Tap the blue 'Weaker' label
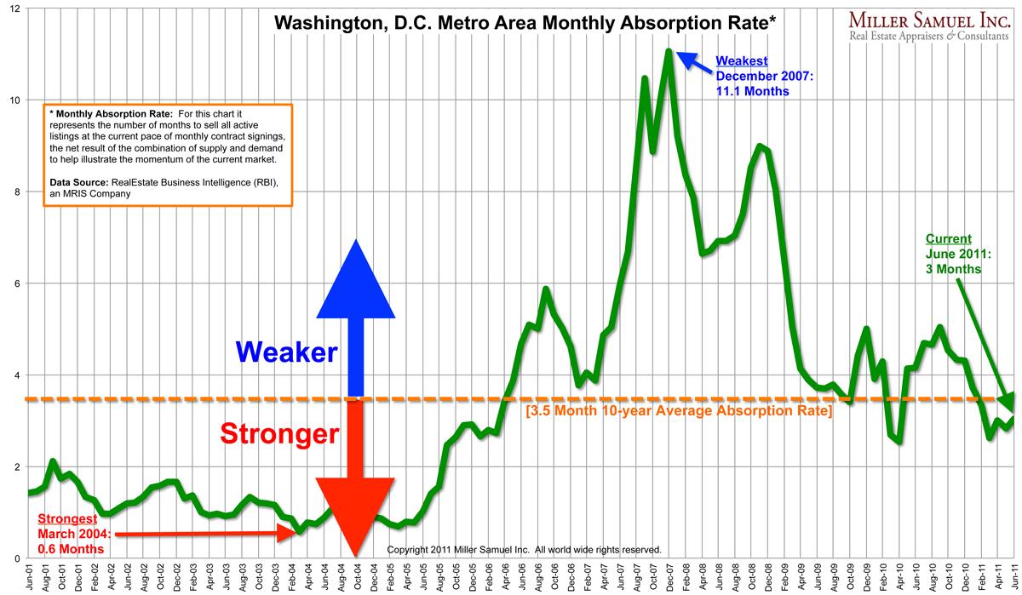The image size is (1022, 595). [286, 352]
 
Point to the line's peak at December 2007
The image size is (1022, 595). [669, 52]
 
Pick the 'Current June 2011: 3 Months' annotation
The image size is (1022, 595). [954, 254]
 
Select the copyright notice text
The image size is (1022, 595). [524, 550]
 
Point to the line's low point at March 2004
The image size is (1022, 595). [300, 532]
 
